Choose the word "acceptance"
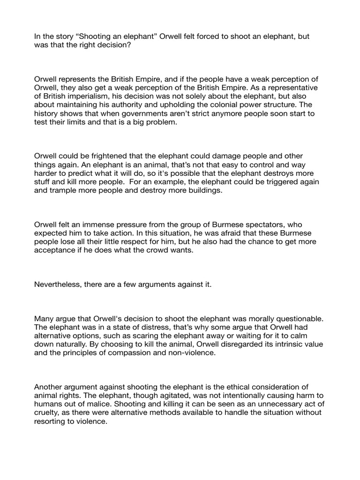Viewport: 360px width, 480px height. click(57, 250)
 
